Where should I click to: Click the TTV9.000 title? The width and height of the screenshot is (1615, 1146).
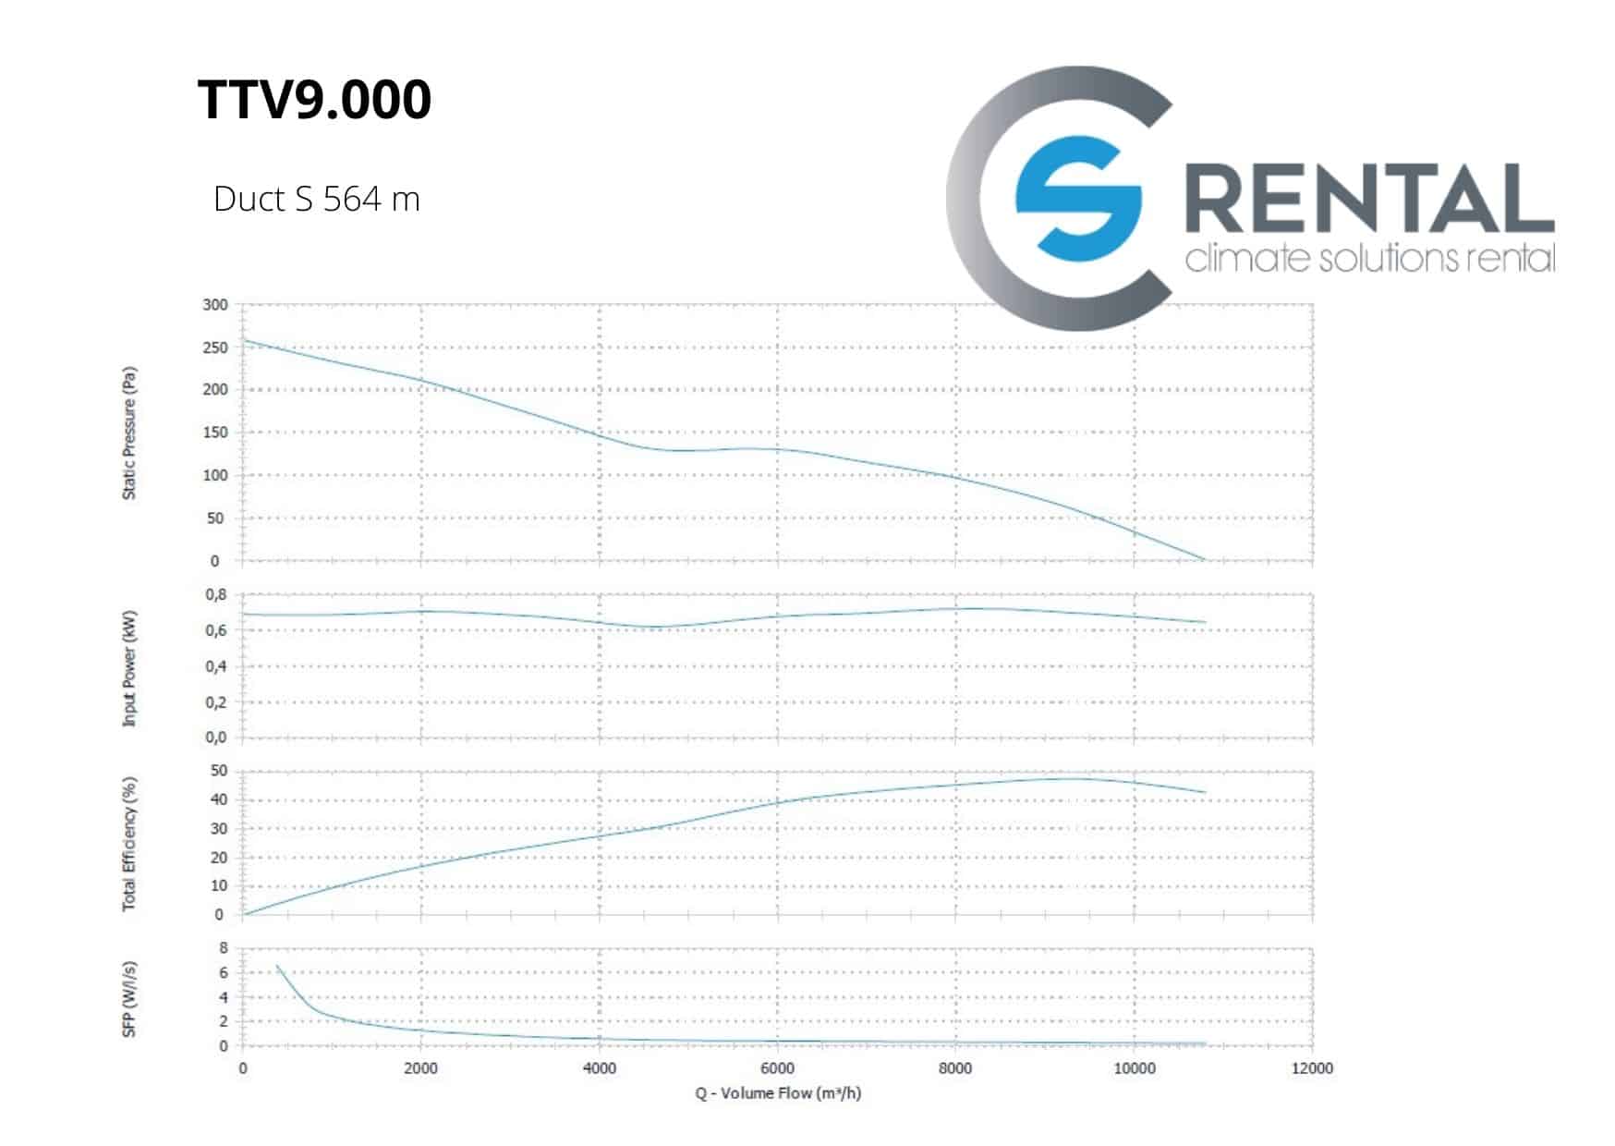(314, 100)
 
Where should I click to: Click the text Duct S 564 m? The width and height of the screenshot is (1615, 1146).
(316, 199)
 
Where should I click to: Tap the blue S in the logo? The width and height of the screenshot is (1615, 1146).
(1077, 198)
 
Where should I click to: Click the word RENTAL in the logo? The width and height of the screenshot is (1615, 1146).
(1368, 199)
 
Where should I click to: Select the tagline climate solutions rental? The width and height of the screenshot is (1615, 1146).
(1369, 258)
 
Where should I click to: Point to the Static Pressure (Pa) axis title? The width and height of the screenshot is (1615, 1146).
(129, 433)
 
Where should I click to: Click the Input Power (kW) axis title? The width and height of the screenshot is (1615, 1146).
(129, 667)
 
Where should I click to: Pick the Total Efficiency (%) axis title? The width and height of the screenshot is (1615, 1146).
(129, 843)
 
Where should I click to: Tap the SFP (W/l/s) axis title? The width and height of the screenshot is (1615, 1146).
(129, 998)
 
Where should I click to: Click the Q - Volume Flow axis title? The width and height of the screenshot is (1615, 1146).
(778, 1093)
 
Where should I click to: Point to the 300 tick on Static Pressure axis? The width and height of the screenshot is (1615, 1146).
(215, 305)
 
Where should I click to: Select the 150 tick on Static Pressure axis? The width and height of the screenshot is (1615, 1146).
(215, 433)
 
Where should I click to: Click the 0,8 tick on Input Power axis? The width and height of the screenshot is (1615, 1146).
(215, 595)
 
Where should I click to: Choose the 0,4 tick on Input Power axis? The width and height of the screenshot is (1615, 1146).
(215, 666)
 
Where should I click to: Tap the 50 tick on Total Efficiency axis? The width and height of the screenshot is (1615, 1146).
(219, 771)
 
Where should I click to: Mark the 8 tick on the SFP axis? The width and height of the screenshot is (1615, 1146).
(223, 948)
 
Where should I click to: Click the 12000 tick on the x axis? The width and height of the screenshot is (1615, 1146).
(1312, 1068)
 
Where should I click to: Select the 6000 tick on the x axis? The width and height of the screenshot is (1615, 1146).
(777, 1068)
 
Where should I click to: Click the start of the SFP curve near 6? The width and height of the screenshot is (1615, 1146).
(277, 967)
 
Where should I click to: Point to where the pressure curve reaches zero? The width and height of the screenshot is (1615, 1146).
(1204, 560)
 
